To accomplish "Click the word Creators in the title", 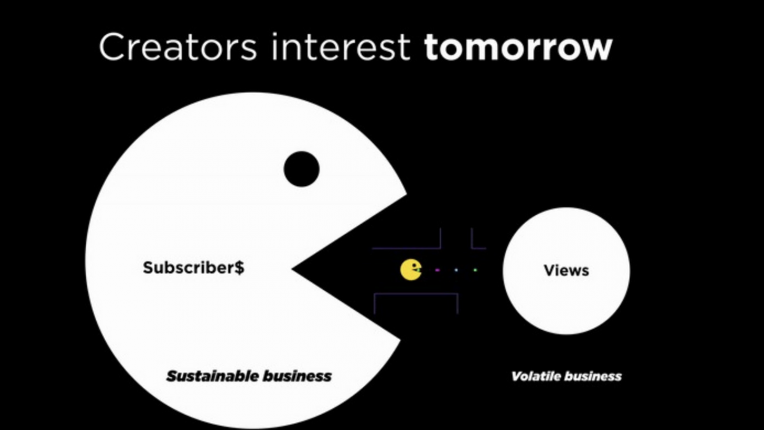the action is [x=178, y=47].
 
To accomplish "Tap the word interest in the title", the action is [x=341, y=47].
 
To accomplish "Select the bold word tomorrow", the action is [x=518, y=47].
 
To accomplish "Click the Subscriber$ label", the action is [x=194, y=268].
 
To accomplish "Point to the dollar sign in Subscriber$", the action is [x=239, y=268].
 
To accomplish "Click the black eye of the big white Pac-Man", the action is [x=302, y=169].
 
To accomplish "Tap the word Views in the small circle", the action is [x=566, y=271].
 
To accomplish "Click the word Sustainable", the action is [x=212, y=376].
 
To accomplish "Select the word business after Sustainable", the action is [x=297, y=376].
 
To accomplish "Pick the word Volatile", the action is [x=536, y=376].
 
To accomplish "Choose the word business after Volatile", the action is [x=593, y=376].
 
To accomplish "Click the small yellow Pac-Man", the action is [x=411, y=270].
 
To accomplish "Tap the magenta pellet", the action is [x=437, y=270].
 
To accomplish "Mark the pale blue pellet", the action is [x=456, y=270].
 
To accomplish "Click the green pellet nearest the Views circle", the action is [x=475, y=270].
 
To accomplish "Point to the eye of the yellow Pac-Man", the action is [x=414, y=265].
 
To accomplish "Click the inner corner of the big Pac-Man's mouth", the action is [x=292, y=269].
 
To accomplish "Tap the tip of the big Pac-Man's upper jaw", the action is [x=407, y=194].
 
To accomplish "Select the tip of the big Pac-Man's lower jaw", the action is [x=400, y=340].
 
